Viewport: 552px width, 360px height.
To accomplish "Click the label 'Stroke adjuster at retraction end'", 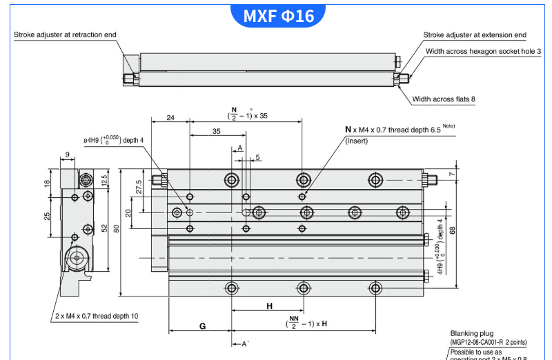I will [x=65, y=34].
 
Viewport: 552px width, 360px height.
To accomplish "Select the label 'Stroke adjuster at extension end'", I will [x=475, y=34].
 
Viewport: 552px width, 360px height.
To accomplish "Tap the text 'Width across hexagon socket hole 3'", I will [x=483, y=51].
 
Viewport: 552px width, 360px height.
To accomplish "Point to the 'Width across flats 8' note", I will [x=444, y=99].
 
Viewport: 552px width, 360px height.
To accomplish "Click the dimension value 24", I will [x=170, y=117].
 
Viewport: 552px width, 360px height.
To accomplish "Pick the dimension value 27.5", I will [x=139, y=186].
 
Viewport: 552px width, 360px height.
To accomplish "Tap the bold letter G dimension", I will [x=202, y=326].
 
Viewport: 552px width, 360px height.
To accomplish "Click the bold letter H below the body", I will [x=269, y=306].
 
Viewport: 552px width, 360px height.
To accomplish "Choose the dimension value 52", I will [x=103, y=228].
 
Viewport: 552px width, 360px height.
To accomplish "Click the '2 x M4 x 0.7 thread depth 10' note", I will [x=96, y=316].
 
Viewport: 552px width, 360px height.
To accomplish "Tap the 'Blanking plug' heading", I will [x=471, y=334].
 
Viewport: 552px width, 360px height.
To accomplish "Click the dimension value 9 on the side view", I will [x=68, y=154].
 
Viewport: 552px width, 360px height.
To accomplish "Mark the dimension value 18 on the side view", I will [x=48, y=184].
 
